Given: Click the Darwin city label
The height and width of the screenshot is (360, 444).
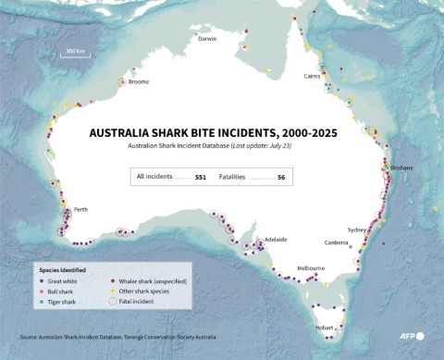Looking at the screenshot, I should pos(206,39).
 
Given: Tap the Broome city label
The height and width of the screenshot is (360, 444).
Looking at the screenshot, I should pos(139,81).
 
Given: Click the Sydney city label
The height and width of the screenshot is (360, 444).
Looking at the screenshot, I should pos(357,229).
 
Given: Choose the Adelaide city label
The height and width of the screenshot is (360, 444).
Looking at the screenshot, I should pos(276,240).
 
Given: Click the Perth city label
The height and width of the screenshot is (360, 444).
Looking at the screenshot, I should pos(81,211).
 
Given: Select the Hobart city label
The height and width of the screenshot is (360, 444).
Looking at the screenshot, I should pos(323,327).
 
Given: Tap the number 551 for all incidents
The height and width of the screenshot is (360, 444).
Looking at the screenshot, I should pos(201,176).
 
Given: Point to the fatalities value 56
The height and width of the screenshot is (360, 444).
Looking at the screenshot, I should pos(281,176).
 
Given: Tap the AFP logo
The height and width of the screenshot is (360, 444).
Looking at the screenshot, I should pos(409,336).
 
